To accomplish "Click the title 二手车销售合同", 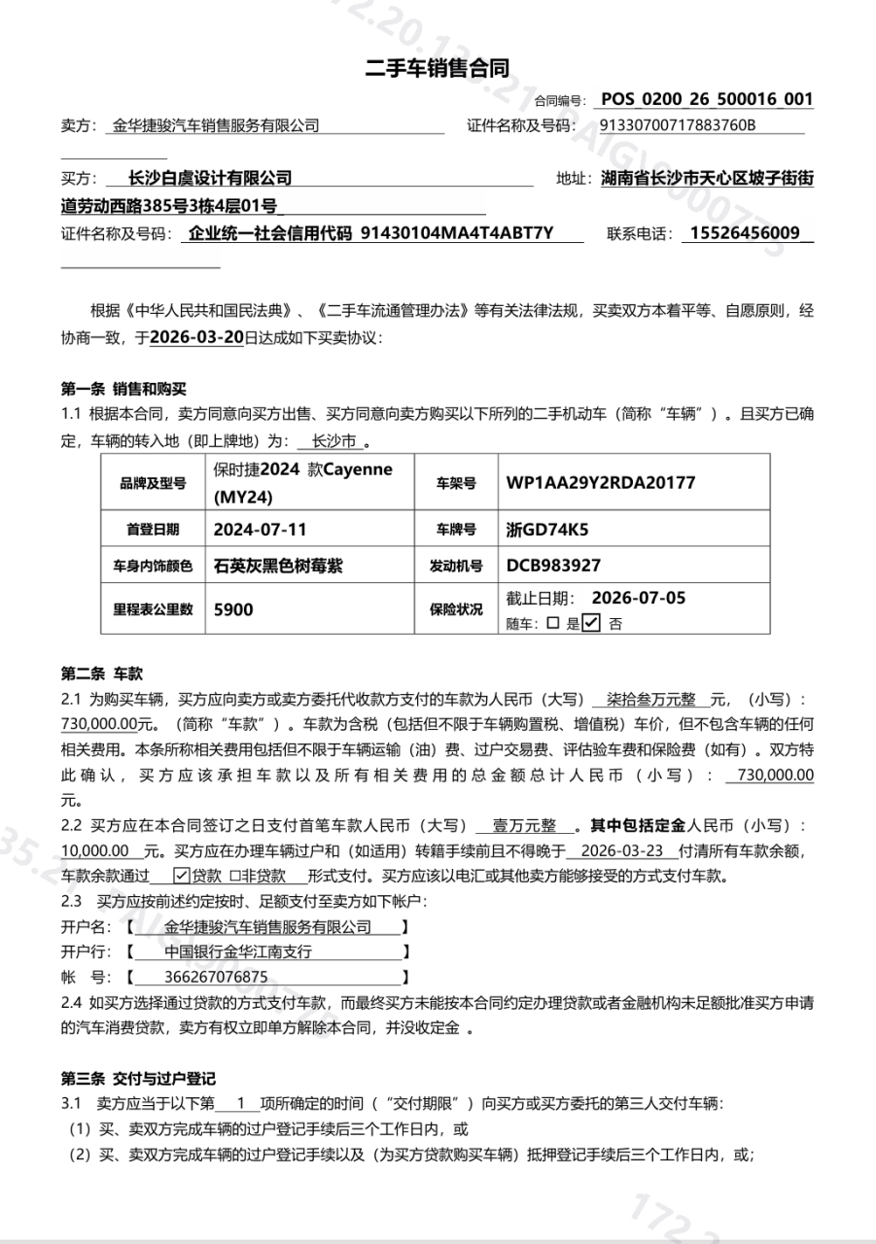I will (x=437, y=67).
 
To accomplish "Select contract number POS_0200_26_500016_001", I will (x=707, y=99).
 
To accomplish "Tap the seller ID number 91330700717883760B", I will (x=678, y=125).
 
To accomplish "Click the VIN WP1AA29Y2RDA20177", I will (x=600, y=483).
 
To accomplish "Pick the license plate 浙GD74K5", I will (x=547, y=530).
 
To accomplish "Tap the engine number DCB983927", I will (x=553, y=566).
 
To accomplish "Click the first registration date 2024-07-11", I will (x=261, y=530).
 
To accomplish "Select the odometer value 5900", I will (x=233, y=609).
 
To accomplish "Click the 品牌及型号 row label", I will (x=153, y=483).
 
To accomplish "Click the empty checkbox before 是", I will (x=553, y=625).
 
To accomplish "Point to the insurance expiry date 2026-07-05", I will (x=639, y=598).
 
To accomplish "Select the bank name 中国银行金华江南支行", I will (x=238, y=951).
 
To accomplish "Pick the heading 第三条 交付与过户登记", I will (x=137, y=1079).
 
